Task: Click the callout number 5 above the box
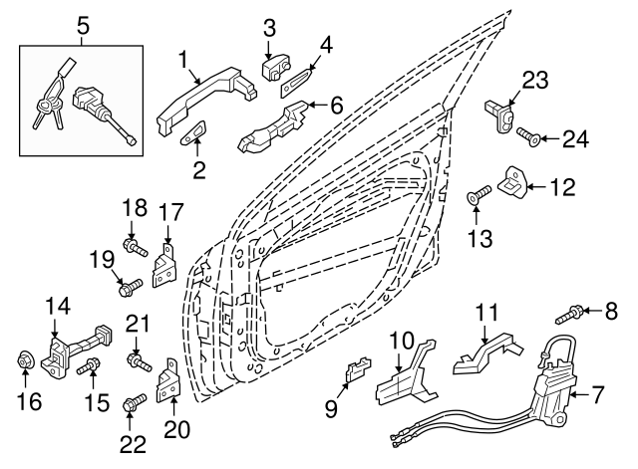83,29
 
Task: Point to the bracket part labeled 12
510,180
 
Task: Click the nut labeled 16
26,359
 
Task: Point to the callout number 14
57,306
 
